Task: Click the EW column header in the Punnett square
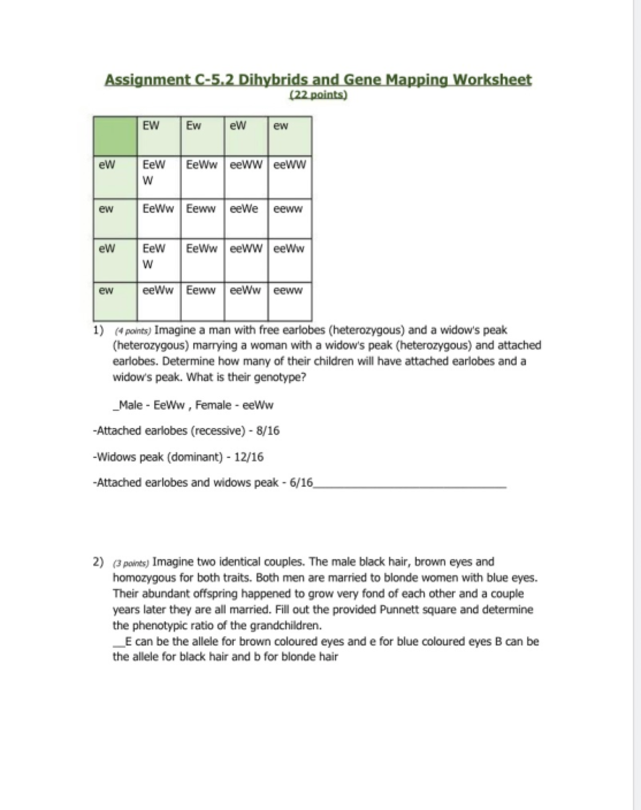point(151,126)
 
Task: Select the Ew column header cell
point(193,126)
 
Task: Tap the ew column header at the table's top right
point(280,126)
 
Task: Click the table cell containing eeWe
point(244,209)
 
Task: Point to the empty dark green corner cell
point(115,136)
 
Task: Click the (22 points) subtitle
point(318,95)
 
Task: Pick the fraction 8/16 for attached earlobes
point(268,431)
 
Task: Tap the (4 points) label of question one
point(133,331)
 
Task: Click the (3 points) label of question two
point(131,563)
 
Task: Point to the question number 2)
point(98,562)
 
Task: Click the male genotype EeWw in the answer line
point(169,405)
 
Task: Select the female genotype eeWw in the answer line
point(257,405)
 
